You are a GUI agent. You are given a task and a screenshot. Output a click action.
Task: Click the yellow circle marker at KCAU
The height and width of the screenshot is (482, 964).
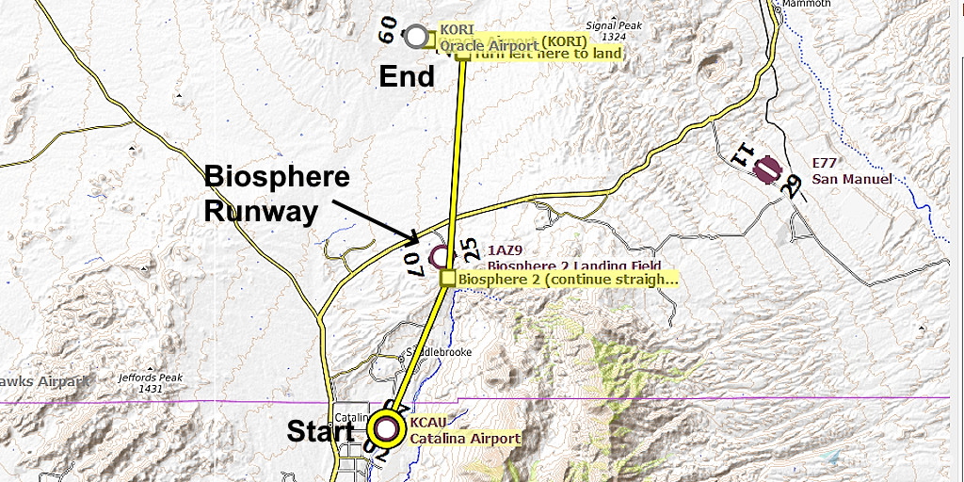click(386, 429)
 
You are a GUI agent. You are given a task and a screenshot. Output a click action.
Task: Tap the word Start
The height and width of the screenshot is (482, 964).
click(320, 431)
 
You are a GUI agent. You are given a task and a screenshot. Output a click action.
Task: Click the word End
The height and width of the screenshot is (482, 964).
click(407, 76)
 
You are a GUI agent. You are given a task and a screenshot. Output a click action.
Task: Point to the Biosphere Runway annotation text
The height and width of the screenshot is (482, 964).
click(277, 194)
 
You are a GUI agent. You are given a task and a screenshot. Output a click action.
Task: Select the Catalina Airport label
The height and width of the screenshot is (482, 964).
click(465, 439)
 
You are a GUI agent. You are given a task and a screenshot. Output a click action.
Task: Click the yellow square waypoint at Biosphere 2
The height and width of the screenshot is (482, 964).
click(448, 279)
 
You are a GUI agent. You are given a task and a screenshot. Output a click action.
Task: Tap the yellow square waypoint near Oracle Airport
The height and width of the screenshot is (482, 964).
click(463, 54)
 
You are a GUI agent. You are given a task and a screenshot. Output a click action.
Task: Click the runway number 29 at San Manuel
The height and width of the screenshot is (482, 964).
click(795, 186)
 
